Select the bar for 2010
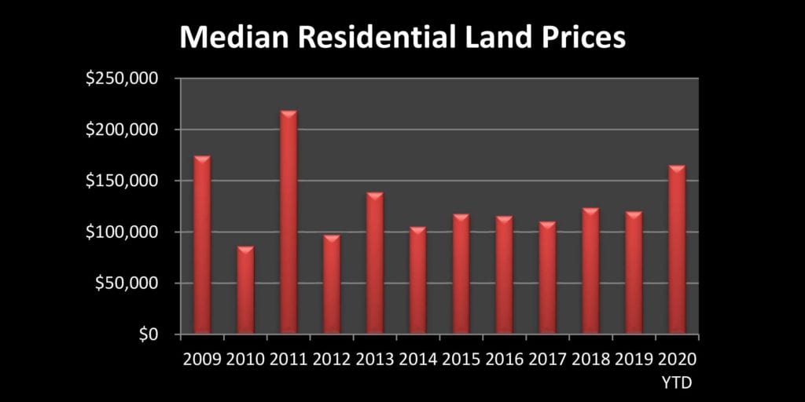click(245, 291)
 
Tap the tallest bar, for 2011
click(289, 223)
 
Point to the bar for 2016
click(504, 275)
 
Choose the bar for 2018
click(590, 271)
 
